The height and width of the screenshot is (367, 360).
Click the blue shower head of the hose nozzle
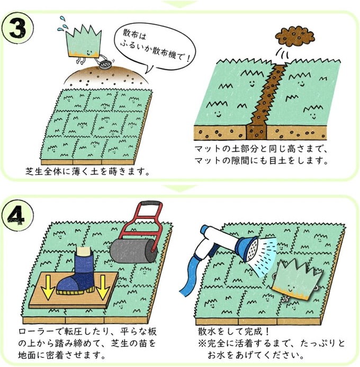coord(249,249)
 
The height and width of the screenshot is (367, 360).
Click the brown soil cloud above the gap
coord(294,36)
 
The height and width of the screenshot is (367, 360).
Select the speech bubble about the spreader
coord(155,48)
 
